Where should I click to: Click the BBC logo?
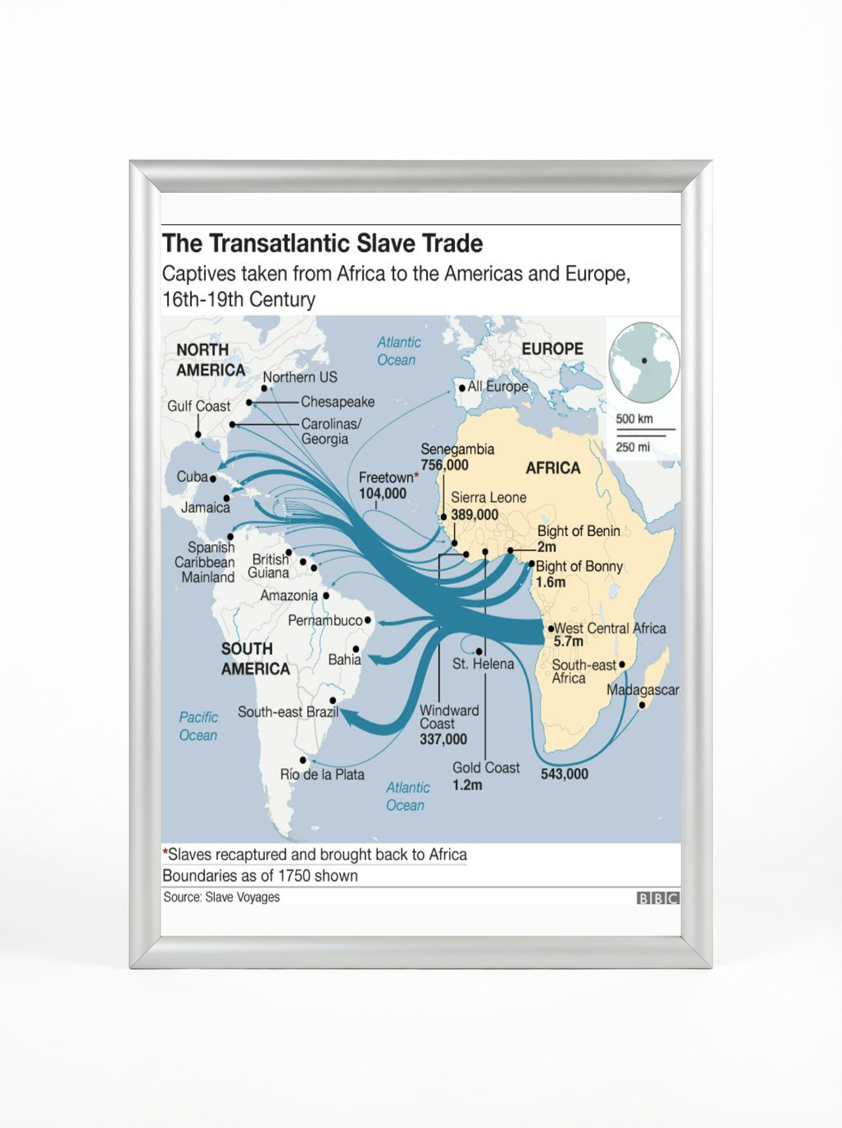coord(657,898)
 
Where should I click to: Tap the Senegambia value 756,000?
coord(444,465)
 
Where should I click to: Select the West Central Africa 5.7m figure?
coord(568,641)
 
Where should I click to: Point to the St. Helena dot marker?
coord(479,651)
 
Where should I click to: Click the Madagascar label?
coord(643,690)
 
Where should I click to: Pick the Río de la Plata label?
coord(322,775)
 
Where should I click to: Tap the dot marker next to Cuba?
coord(213,479)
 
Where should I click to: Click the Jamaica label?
coord(205,507)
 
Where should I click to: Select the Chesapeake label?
coord(337,402)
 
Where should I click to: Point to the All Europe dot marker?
coord(462,387)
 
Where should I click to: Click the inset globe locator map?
coord(644,361)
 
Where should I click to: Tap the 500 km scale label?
coord(634,419)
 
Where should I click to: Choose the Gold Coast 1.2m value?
coord(467,785)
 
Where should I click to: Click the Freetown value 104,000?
coord(383,493)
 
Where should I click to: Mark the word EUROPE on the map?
coord(553,349)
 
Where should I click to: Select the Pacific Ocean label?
coord(198,726)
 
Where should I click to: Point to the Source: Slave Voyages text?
coord(221,897)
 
